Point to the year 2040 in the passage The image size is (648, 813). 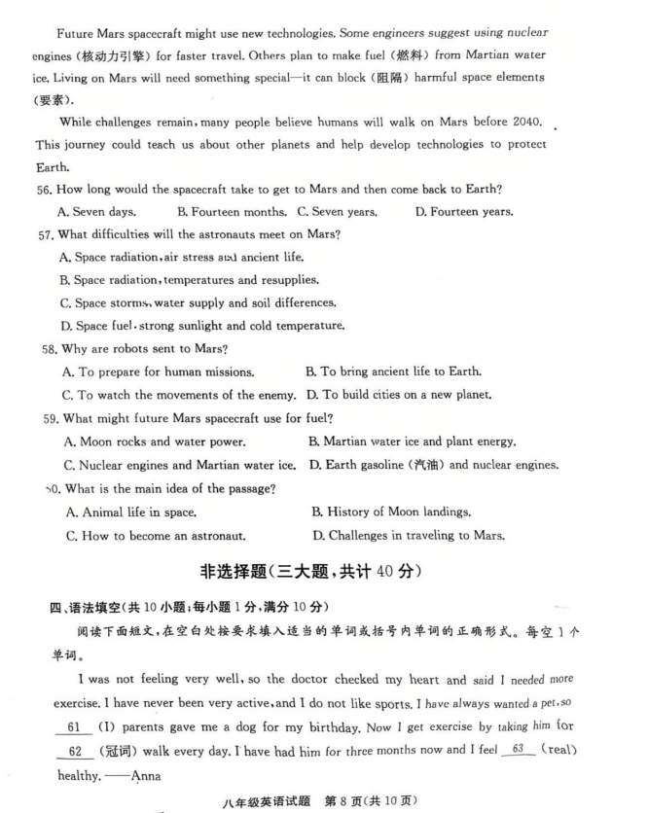click(x=528, y=122)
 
